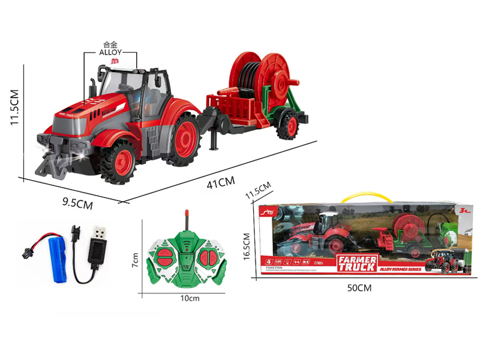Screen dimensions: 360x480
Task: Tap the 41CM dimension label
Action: click(x=221, y=182)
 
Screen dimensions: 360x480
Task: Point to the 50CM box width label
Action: click(x=359, y=288)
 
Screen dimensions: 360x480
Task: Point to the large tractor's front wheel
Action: click(x=120, y=161)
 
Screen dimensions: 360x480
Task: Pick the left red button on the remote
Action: click(x=164, y=259)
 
